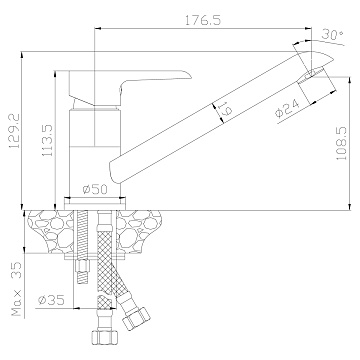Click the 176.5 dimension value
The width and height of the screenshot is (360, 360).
(x=203, y=20)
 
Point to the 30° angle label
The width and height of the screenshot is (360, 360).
(x=333, y=35)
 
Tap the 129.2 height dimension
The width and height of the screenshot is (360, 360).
(x=14, y=131)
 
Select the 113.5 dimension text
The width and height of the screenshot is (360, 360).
(x=47, y=142)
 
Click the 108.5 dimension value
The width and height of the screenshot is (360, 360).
(x=342, y=143)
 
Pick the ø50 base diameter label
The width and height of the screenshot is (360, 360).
(x=95, y=190)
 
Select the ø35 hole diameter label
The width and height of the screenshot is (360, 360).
(x=51, y=300)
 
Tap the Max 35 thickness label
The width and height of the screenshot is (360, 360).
(x=16, y=289)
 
